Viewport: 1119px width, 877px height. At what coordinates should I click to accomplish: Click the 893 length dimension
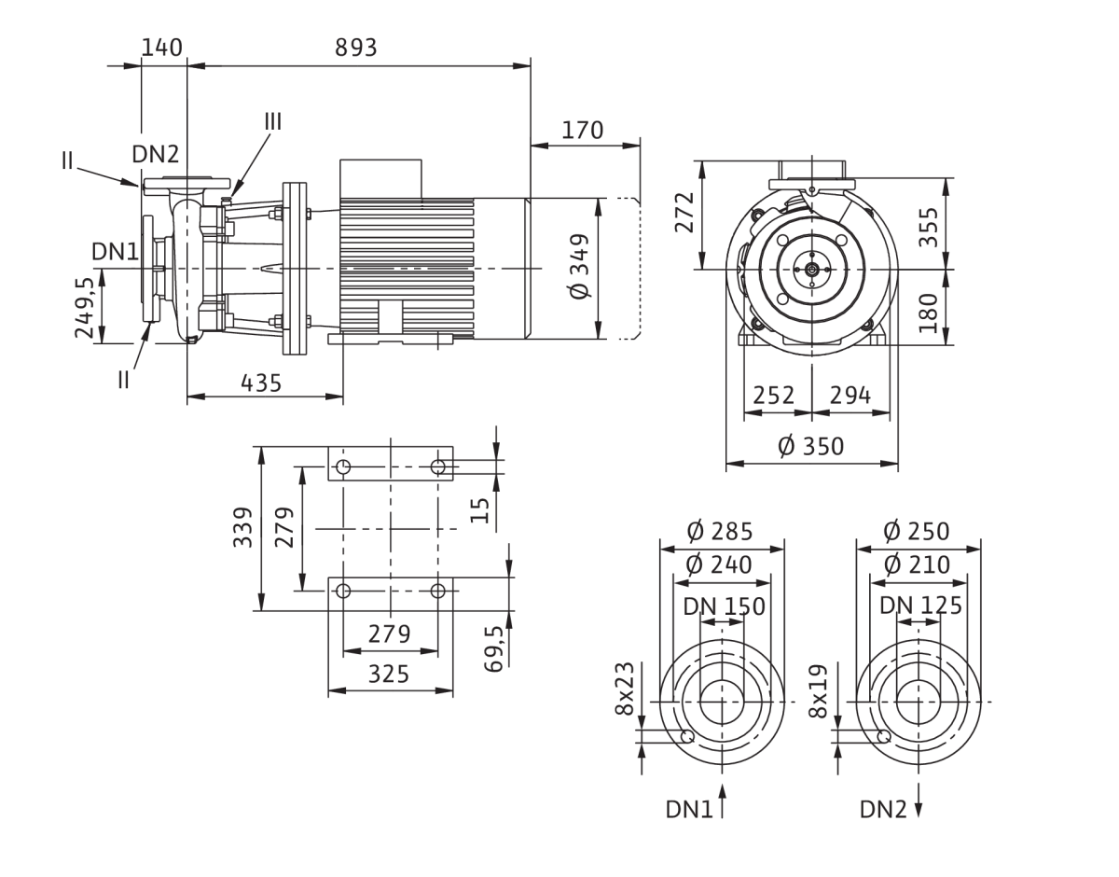(x=356, y=48)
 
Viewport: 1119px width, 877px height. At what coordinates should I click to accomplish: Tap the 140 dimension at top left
(x=161, y=48)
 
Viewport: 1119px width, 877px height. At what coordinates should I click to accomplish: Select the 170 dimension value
(x=583, y=131)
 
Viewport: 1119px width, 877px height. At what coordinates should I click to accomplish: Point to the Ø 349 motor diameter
(x=580, y=266)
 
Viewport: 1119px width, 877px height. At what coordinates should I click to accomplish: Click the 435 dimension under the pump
(x=261, y=383)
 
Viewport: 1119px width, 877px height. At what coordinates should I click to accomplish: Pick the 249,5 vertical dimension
(x=85, y=308)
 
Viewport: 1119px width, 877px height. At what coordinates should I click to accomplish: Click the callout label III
(x=273, y=122)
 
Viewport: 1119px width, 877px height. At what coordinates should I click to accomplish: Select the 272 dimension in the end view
(x=684, y=212)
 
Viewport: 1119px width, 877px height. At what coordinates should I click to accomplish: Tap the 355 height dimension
(x=929, y=227)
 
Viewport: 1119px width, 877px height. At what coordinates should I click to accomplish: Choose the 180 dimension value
(x=929, y=313)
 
